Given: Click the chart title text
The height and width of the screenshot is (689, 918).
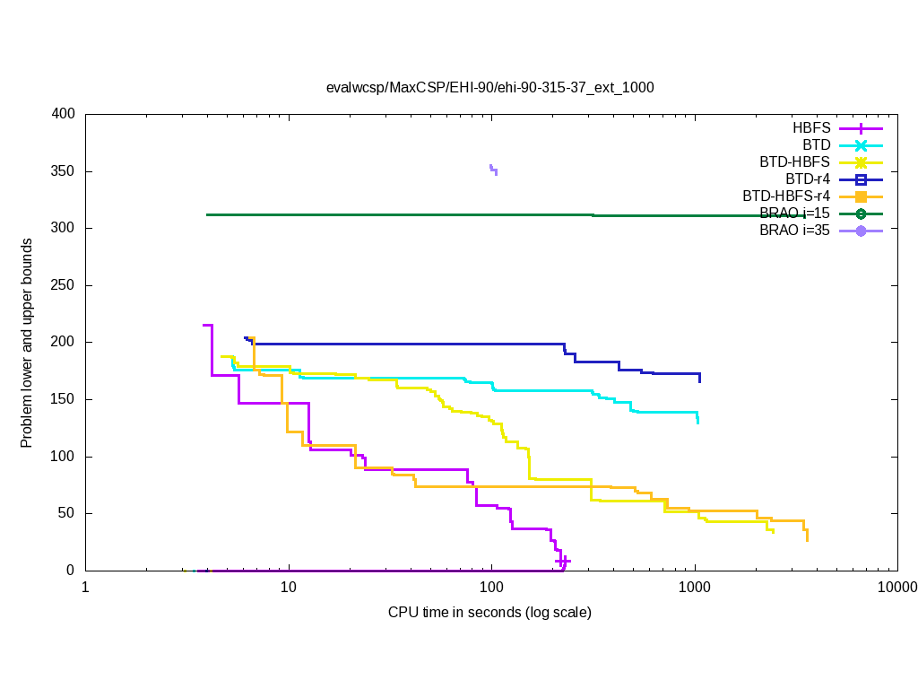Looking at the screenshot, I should pyautogui.click(x=489, y=88).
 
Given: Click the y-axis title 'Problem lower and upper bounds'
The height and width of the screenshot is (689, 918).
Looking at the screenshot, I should pyautogui.click(x=28, y=344).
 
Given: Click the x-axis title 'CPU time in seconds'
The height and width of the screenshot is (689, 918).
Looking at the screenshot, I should pyautogui.click(x=489, y=613).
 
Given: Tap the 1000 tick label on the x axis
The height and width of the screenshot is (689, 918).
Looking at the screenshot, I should pyautogui.click(x=695, y=588).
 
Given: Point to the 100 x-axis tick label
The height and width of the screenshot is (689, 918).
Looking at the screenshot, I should pyautogui.click(x=491, y=588).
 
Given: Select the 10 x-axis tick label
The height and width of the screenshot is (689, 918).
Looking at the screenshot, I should pyautogui.click(x=289, y=588).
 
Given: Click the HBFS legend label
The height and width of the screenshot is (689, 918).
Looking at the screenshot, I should pyautogui.click(x=811, y=128).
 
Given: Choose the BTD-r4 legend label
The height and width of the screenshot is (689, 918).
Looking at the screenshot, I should pyautogui.click(x=808, y=179).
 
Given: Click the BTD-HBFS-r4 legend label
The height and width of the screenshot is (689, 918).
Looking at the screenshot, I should pyautogui.click(x=786, y=196).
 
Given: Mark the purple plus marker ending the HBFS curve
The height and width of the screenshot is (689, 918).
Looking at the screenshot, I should pyautogui.click(x=563, y=561).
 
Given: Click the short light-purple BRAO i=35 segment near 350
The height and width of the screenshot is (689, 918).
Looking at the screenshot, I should pyautogui.click(x=493, y=169).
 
